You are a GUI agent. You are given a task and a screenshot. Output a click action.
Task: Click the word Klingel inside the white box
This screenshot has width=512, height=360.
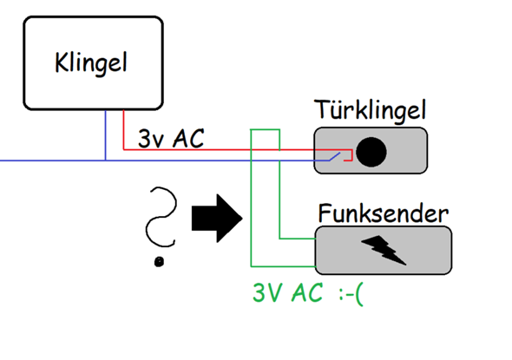point(91,63)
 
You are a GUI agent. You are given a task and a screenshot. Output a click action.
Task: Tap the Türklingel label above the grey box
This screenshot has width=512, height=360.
point(371,111)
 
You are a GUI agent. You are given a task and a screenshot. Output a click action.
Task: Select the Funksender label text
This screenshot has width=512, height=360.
point(383,213)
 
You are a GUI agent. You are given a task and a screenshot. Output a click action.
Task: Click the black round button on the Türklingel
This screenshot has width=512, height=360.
point(371,152)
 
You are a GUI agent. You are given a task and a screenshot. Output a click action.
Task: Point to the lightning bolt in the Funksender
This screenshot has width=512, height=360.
point(384,250)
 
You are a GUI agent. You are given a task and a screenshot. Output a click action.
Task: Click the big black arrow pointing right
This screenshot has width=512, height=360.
point(217,219)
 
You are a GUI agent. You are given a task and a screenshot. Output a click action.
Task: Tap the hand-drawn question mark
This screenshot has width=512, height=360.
point(161,217)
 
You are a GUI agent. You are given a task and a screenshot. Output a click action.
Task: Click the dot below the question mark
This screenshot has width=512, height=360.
point(159,261)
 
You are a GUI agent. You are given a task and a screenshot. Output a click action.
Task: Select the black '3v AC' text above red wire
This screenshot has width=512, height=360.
point(171,139)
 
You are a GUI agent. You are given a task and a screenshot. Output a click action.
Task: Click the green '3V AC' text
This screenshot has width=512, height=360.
point(287,292)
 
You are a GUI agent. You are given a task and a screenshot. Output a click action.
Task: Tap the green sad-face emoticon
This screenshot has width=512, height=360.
point(351,295)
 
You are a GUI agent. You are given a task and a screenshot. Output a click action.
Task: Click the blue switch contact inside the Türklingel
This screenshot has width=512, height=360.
point(334,157)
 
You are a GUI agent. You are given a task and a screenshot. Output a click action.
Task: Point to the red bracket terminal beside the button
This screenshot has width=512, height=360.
point(349,155)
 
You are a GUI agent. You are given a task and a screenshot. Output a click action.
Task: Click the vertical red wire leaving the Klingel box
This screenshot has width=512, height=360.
point(123,130)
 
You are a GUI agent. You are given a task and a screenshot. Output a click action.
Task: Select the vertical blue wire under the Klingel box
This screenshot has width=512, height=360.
point(106,135)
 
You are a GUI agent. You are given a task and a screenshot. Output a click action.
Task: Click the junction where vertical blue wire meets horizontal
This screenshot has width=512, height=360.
point(106,160)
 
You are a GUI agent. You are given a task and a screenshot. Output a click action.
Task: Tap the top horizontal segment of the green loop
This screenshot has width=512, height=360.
point(266,129)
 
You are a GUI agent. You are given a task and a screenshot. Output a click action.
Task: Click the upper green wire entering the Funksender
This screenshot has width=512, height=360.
point(297,239)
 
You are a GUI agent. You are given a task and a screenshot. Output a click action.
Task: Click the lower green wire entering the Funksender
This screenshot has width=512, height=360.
point(283,266)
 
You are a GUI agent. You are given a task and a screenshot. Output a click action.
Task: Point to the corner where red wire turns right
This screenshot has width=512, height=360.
point(123,149)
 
